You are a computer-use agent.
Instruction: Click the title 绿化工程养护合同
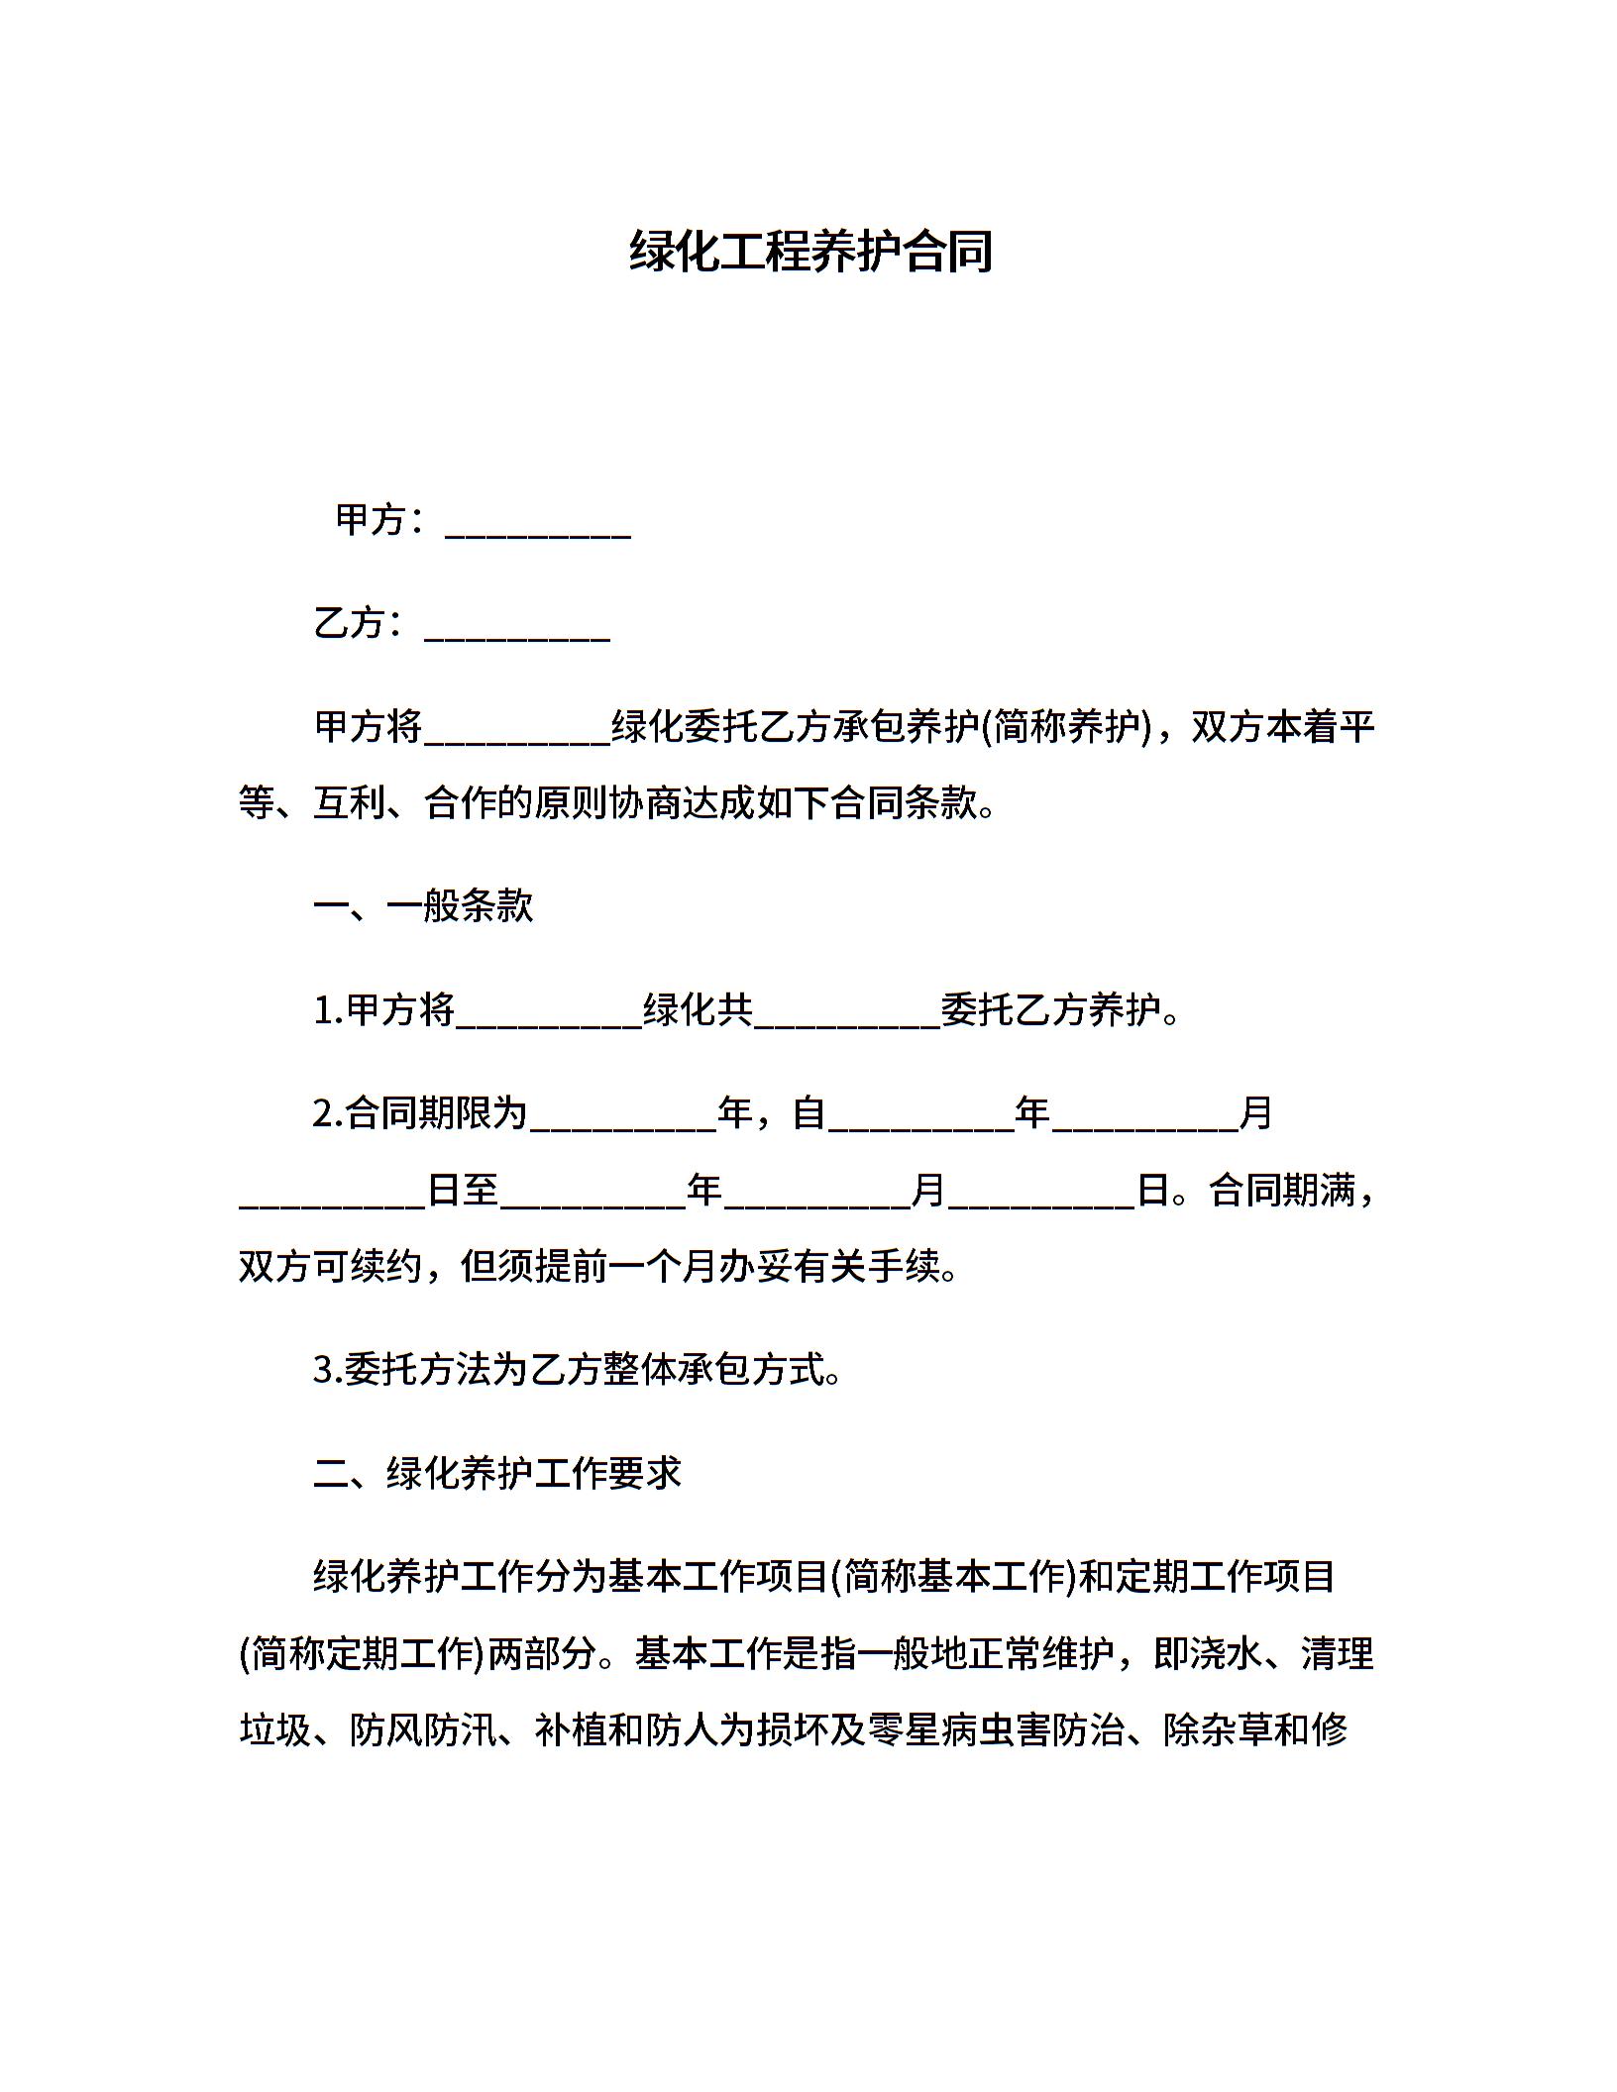(x=809, y=252)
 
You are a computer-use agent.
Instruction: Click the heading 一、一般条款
(x=423, y=905)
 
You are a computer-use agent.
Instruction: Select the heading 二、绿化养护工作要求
(x=497, y=1473)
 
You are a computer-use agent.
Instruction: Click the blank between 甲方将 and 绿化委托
(x=516, y=730)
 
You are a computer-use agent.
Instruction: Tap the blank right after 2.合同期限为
(x=622, y=1115)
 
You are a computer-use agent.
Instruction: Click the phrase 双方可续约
(x=331, y=1266)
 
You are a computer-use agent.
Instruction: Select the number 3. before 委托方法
(x=327, y=1370)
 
